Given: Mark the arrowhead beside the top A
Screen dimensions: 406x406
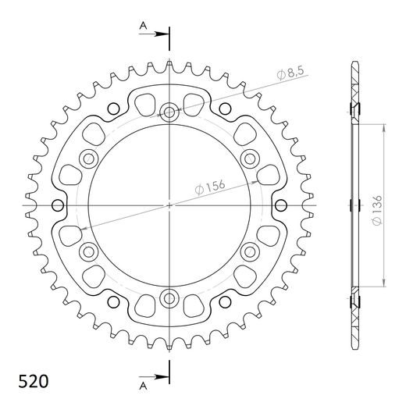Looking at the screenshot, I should coord(162,34).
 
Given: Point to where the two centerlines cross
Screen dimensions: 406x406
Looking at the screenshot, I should coord(169,205).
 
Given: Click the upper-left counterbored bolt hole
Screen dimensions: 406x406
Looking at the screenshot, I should coord(89,159).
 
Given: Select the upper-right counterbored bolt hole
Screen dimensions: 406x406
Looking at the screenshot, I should coord(250,159).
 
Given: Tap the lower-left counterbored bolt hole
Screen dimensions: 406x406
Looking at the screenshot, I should coord(89,251).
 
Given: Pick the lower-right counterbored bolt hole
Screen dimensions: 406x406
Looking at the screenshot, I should coord(250,251).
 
